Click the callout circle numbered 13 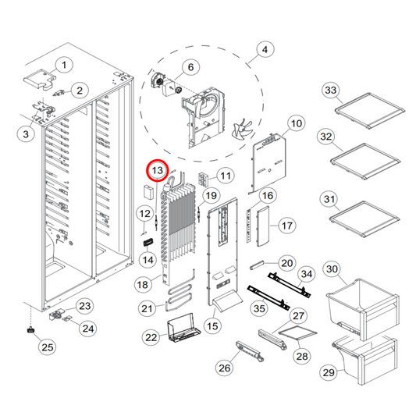158,169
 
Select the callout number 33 330,91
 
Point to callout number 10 296,123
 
